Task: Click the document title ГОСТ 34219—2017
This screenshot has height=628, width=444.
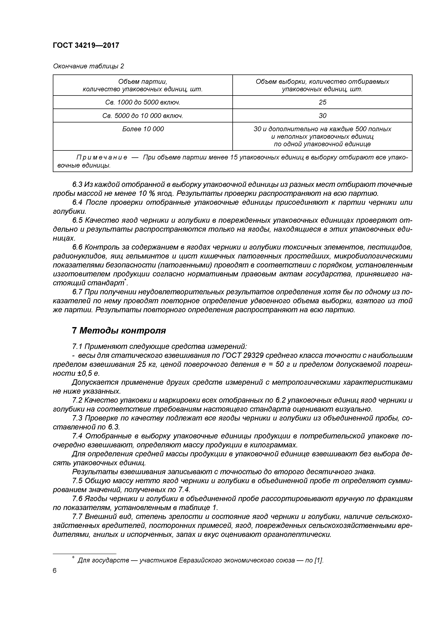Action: pos(86,45)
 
